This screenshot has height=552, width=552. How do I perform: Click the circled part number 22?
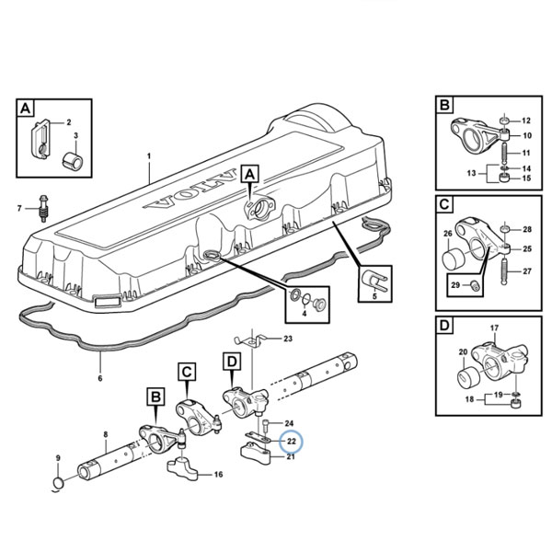[x=291, y=441]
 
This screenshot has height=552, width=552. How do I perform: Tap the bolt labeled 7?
[x=43, y=209]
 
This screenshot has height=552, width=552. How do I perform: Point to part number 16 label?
[x=218, y=475]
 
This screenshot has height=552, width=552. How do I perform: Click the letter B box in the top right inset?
[x=444, y=105]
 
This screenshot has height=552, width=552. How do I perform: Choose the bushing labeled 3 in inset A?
[x=73, y=160]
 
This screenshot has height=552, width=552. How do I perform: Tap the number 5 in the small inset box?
[x=374, y=296]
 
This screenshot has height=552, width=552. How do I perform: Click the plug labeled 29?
[x=475, y=286]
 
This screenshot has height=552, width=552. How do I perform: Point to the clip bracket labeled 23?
[x=250, y=341]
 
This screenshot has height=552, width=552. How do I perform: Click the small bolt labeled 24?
[x=267, y=426]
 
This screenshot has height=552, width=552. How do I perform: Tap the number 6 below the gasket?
[x=100, y=378]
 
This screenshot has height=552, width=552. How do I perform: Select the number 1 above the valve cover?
[x=149, y=156]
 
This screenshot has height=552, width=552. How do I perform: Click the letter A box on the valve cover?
[x=249, y=174]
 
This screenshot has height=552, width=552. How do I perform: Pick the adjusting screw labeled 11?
[x=504, y=152]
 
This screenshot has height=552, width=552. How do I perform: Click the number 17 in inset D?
[x=494, y=328]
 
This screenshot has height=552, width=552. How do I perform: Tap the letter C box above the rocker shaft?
[x=187, y=372]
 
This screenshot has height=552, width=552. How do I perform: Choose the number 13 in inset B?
[x=472, y=173]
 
